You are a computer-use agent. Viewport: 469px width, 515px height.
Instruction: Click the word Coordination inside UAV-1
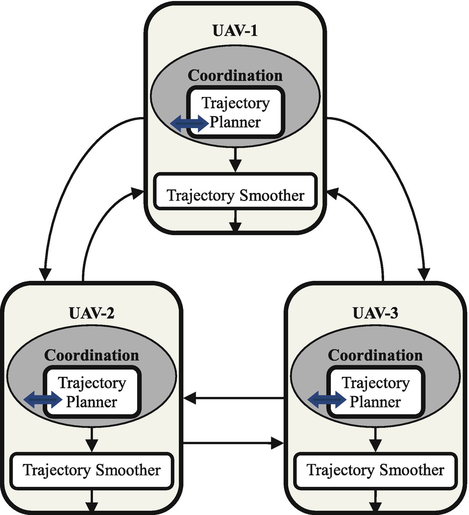click(235, 75)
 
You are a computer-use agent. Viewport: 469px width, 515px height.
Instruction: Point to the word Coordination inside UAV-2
click(91, 355)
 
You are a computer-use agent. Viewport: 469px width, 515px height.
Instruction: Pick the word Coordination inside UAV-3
click(376, 355)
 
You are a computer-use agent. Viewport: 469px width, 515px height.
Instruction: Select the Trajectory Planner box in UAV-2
click(92, 392)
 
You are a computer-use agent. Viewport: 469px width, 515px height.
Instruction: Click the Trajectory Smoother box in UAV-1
click(235, 195)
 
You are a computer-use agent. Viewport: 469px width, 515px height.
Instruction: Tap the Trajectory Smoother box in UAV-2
click(91, 470)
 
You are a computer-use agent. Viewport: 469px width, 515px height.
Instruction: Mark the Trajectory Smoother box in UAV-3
click(376, 470)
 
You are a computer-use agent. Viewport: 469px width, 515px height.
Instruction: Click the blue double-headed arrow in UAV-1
click(189, 123)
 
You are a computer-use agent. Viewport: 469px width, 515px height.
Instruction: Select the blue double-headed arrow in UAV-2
click(43, 400)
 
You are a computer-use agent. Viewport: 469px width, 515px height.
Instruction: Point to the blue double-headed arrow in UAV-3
click(327, 400)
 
